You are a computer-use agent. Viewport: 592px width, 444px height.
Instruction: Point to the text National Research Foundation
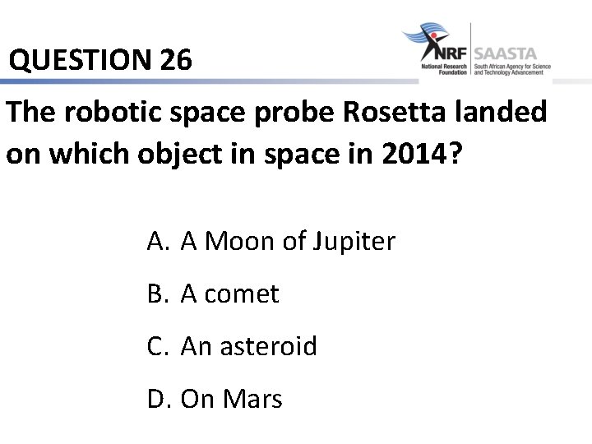[x=444, y=69]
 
